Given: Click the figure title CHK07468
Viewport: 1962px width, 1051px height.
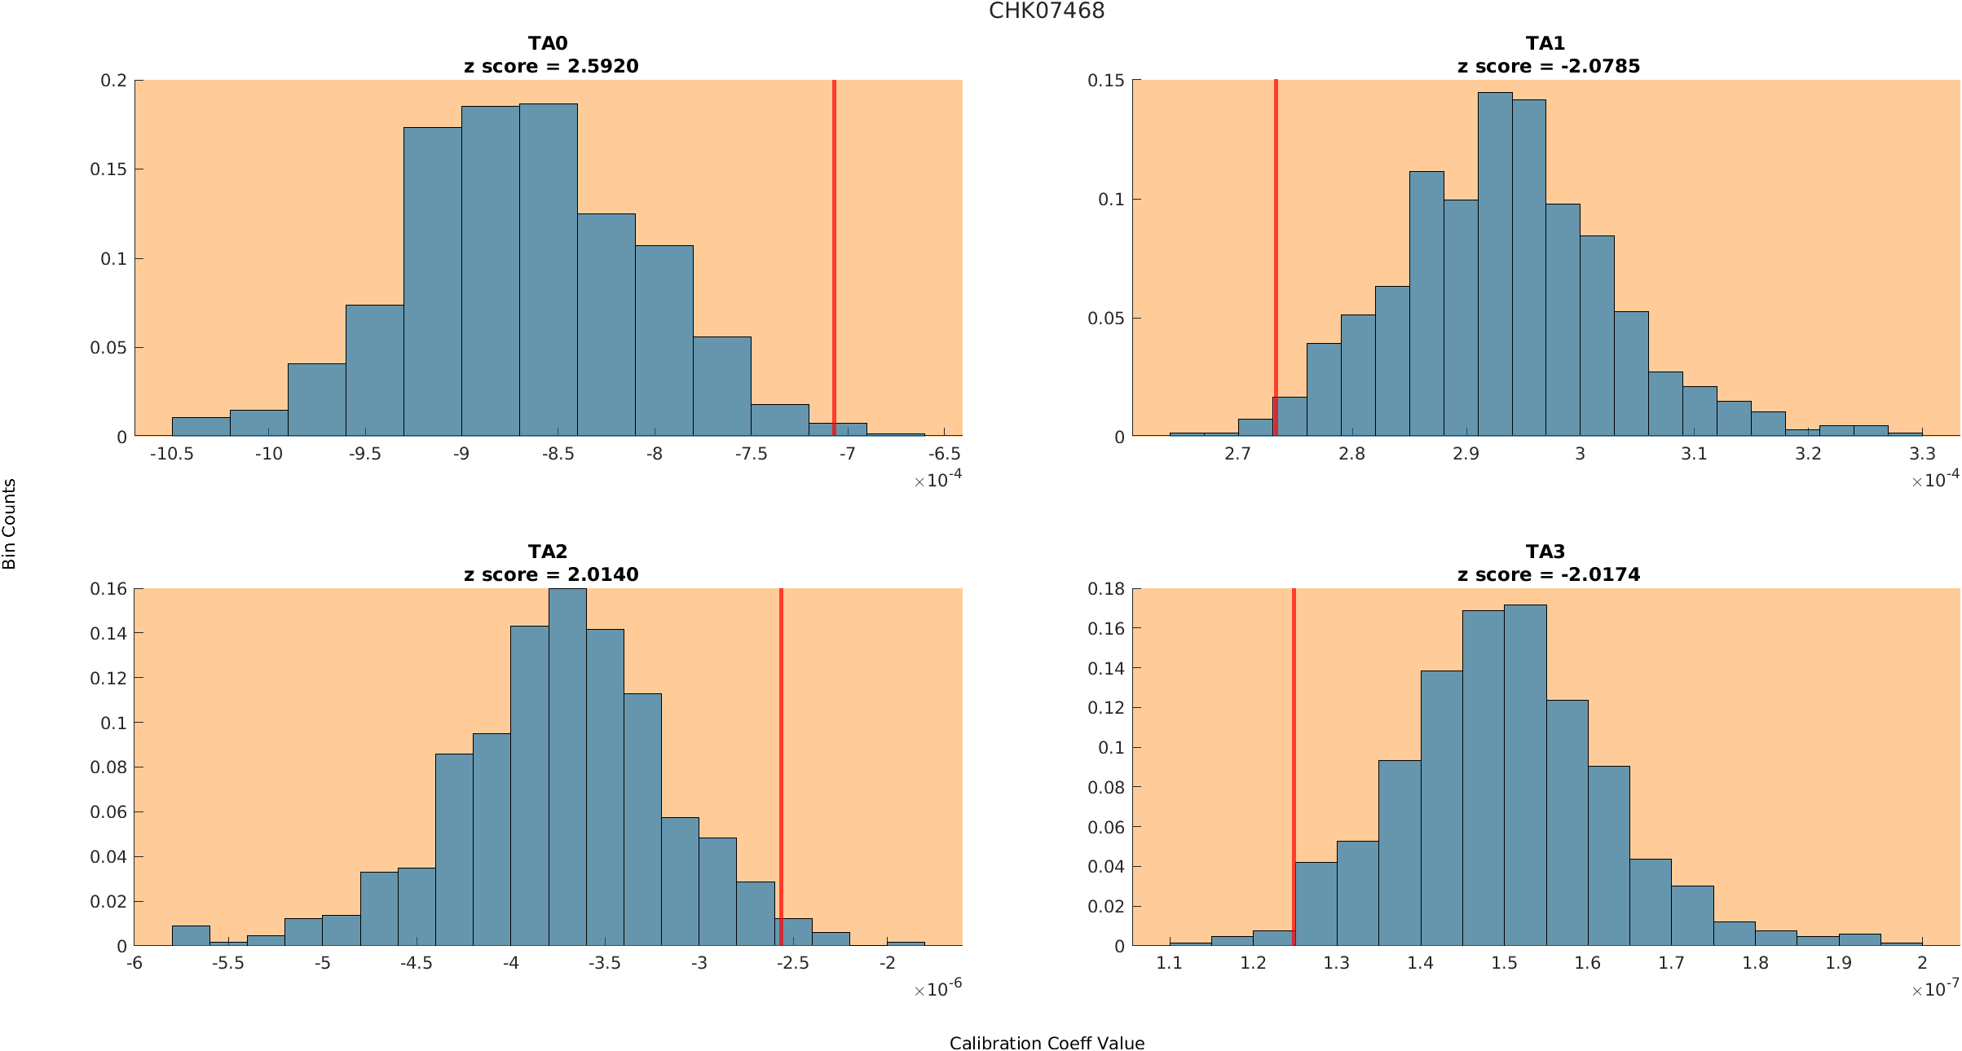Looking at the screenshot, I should (1047, 11).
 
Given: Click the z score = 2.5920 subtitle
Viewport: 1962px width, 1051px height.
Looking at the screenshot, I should (551, 66).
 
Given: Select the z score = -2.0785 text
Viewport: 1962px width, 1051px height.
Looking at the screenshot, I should (1548, 66).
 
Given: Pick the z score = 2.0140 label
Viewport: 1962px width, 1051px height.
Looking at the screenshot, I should (551, 574).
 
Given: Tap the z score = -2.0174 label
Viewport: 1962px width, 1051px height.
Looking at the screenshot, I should (1548, 574).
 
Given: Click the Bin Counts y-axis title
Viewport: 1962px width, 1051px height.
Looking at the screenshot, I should (9, 523).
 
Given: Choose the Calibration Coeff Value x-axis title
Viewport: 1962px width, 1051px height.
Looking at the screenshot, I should (1047, 1043).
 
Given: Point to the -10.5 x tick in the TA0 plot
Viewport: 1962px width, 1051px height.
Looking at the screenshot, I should (171, 454).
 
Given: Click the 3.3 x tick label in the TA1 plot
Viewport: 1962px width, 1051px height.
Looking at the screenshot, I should (1922, 454).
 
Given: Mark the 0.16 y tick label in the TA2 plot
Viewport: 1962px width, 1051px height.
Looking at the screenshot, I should (108, 588).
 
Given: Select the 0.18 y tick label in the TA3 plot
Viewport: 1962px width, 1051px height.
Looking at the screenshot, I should (1106, 588).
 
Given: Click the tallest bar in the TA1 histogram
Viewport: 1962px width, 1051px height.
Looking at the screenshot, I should (1495, 269).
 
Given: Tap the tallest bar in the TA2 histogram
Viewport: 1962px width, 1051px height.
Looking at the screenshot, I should (567, 766).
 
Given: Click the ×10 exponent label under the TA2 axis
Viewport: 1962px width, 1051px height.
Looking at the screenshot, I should (937, 989).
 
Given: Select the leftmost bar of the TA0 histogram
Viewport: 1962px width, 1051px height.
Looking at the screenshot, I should (201, 427).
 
